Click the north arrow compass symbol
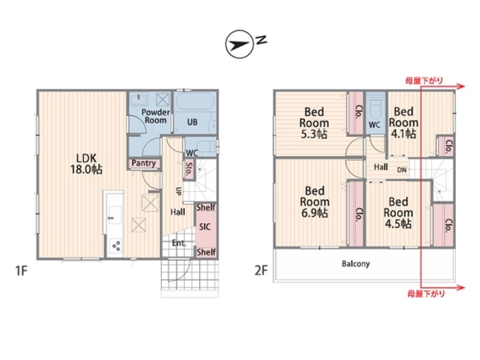click(x=240, y=44)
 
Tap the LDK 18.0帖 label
click(x=86, y=164)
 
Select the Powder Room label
click(x=155, y=116)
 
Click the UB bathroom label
click(x=192, y=122)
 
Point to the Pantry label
click(x=143, y=163)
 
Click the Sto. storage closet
click(x=189, y=170)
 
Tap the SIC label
click(x=205, y=227)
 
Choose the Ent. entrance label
click(x=178, y=243)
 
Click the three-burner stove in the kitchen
click(x=116, y=246)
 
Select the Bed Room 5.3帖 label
click(x=314, y=122)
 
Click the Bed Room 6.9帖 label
click(x=314, y=202)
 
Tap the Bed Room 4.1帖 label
click(x=403, y=122)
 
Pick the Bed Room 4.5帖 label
click(x=398, y=213)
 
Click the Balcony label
click(x=356, y=263)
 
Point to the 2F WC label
click(x=374, y=125)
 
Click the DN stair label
click(x=402, y=170)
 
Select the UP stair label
click(x=178, y=191)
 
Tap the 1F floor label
click(x=22, y=270)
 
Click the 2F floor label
click(x=261, y=270)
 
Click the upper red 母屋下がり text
click(x=424, y=81)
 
